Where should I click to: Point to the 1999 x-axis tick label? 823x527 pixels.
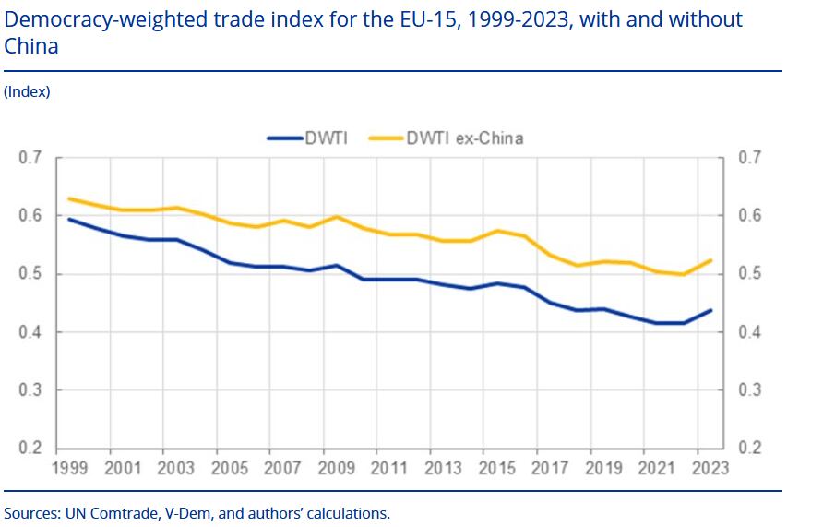70,468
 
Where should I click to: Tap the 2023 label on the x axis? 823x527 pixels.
708,468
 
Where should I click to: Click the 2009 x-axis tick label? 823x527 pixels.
336,468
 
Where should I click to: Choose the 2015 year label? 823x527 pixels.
495,468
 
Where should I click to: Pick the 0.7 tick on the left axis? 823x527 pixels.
30,158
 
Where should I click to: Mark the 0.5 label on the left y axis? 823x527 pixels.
30,274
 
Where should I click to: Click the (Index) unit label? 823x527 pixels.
27,91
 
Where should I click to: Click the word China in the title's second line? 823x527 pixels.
31,46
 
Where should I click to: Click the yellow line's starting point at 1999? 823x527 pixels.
70,198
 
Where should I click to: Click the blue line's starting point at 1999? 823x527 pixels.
70,219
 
